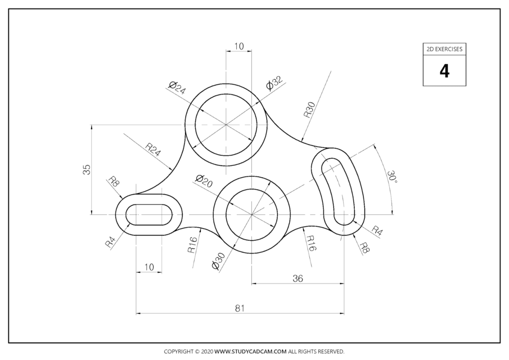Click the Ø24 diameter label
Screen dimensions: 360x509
pos(177,87)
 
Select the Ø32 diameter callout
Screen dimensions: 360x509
pos(274,83)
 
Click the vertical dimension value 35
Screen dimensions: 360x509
pos(87,169)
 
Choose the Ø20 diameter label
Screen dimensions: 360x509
pos(204,181)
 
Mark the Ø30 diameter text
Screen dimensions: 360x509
pos(219,262)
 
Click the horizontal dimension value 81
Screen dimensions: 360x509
pos(240,308)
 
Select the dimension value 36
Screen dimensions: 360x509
pos(298,278)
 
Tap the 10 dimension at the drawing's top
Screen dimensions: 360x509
pos(238,46)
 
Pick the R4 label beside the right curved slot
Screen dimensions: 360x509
pos(377,230)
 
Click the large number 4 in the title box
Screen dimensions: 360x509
pos(444,71)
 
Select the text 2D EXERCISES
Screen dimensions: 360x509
pos(444,49)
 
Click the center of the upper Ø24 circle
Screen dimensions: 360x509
pos(226,124)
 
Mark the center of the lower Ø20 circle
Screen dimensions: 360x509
pos(251,214)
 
